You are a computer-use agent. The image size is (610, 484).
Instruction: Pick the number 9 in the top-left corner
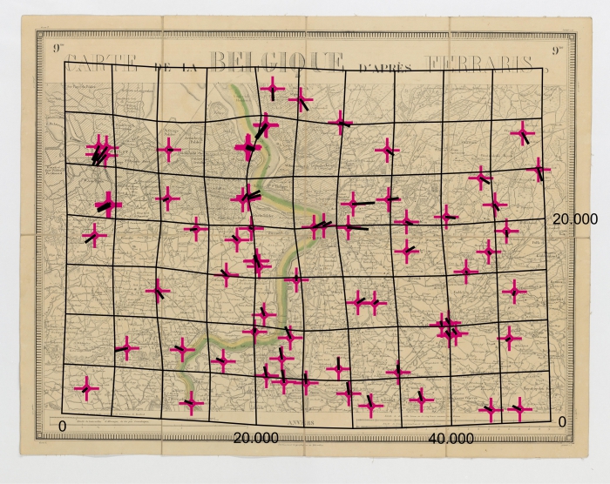[x=58, y=49]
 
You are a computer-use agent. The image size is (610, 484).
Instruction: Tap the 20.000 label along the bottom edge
[x=256, y=438]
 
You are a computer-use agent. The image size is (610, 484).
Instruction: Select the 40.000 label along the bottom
[x=451, y=438]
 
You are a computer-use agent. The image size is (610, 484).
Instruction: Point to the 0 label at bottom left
[x=61, y=425]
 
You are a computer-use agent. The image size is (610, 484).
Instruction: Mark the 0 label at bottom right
[x=562, y=422]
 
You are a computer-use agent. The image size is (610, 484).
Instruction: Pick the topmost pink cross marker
[x=273, y=88]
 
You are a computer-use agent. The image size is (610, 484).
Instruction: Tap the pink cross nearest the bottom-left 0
[x=86, y=387]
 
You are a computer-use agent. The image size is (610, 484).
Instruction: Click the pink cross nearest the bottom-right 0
[x=519, y=407]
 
